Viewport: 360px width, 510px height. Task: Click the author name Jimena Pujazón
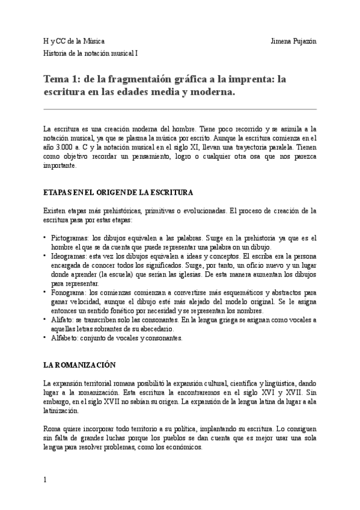tap(294, 41)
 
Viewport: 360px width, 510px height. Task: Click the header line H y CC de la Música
tap(73, 41)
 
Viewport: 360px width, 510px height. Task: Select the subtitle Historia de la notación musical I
tap(91, 53)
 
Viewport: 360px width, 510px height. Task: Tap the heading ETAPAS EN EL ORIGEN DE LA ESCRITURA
tap(118, 193)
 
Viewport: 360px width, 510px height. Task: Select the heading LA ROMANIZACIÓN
tap(79, 366)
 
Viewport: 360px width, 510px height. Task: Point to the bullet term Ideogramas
tap(69, 256)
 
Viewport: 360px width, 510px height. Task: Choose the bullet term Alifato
tap(63, 320)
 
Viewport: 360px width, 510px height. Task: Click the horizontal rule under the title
tap(180, 109)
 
